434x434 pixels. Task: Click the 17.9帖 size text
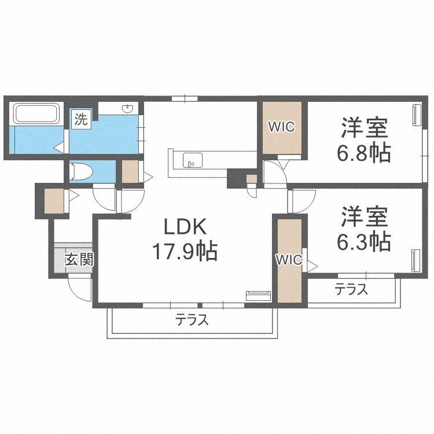184,251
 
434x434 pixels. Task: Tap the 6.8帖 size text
363,152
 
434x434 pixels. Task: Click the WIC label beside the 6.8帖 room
281,126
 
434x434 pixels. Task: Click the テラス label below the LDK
192,319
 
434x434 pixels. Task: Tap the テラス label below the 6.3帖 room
351,290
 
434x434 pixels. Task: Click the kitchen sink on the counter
190,160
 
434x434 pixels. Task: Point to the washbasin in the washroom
128,109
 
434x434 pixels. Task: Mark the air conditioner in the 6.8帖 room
416,114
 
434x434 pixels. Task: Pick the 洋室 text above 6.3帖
363,215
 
